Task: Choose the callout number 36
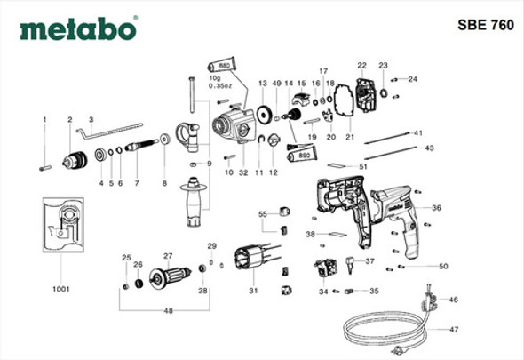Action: [436, 207]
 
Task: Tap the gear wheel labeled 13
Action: [262, 116]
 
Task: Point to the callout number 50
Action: [442, 266]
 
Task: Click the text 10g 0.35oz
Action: [218, 82]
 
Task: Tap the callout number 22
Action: [361, 65]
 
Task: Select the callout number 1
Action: [42, 119]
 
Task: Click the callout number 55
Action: [263, 215]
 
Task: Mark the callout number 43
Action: [430, 148]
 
